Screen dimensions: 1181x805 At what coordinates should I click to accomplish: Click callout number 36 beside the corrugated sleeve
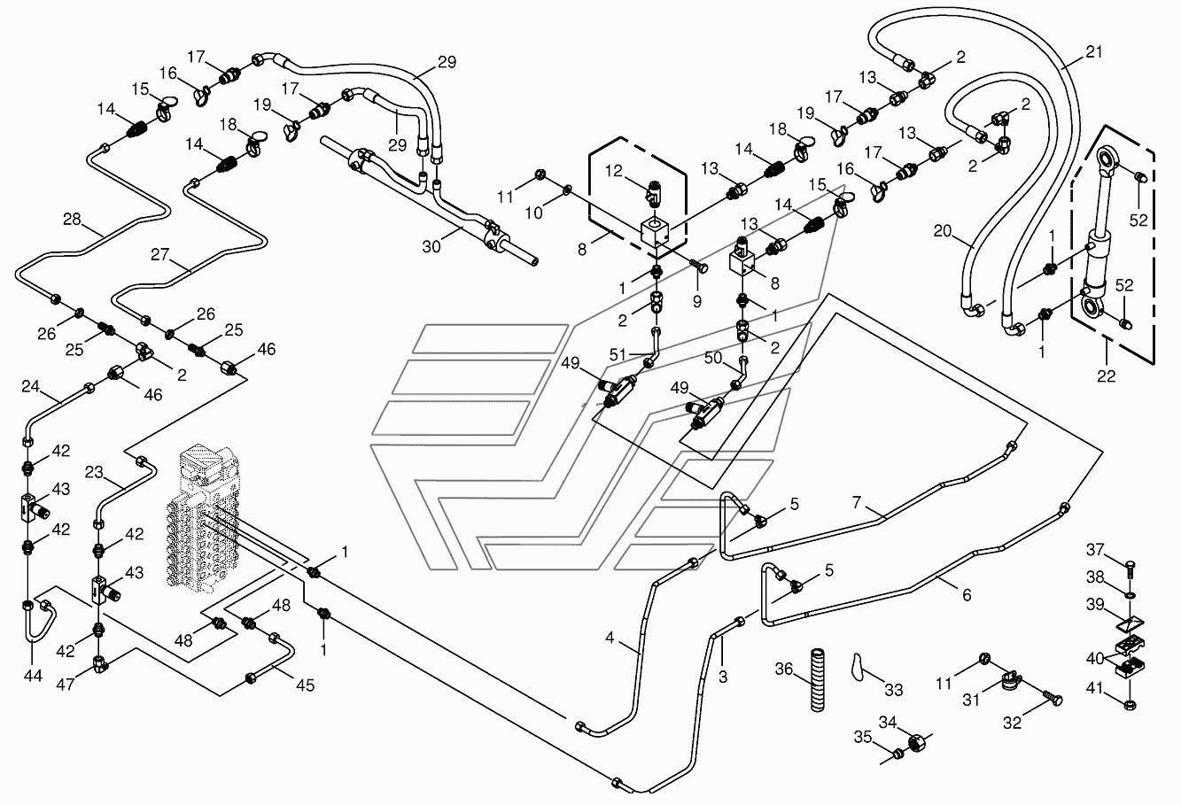(x=784, y=669)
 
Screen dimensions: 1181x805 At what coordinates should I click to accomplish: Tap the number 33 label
(x=894, y=689)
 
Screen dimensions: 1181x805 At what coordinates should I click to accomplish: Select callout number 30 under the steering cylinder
(x=431, y=246)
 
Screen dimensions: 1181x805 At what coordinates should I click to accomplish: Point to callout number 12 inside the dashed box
(x=614, y=171)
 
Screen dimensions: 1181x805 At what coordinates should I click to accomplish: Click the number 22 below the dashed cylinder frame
(x=1106, y=375)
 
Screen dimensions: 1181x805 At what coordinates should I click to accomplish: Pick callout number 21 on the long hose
(x=1094, y=51)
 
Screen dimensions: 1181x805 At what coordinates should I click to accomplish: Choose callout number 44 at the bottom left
(x=33, y=675)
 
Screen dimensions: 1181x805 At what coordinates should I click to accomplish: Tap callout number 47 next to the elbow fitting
(x=66, y=684)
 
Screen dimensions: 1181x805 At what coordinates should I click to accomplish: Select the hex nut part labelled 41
(x=1130, y=704)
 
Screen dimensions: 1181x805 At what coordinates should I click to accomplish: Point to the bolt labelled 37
(x=1130, y=569)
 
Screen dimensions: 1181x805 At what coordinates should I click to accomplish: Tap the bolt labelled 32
(x=1053, y=699)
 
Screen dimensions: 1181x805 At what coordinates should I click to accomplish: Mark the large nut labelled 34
(x=918, y=743)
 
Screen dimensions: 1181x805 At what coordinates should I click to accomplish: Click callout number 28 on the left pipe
(x=73, y=219)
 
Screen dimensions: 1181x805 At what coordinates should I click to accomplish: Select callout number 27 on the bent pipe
(x=160, y=254)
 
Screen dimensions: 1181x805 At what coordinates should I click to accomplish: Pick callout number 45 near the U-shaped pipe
(x=306, y=685)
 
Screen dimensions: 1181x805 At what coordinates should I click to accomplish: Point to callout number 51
(x=618, y=354)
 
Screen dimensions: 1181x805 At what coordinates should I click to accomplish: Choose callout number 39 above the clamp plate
(x=1095, y=604)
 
